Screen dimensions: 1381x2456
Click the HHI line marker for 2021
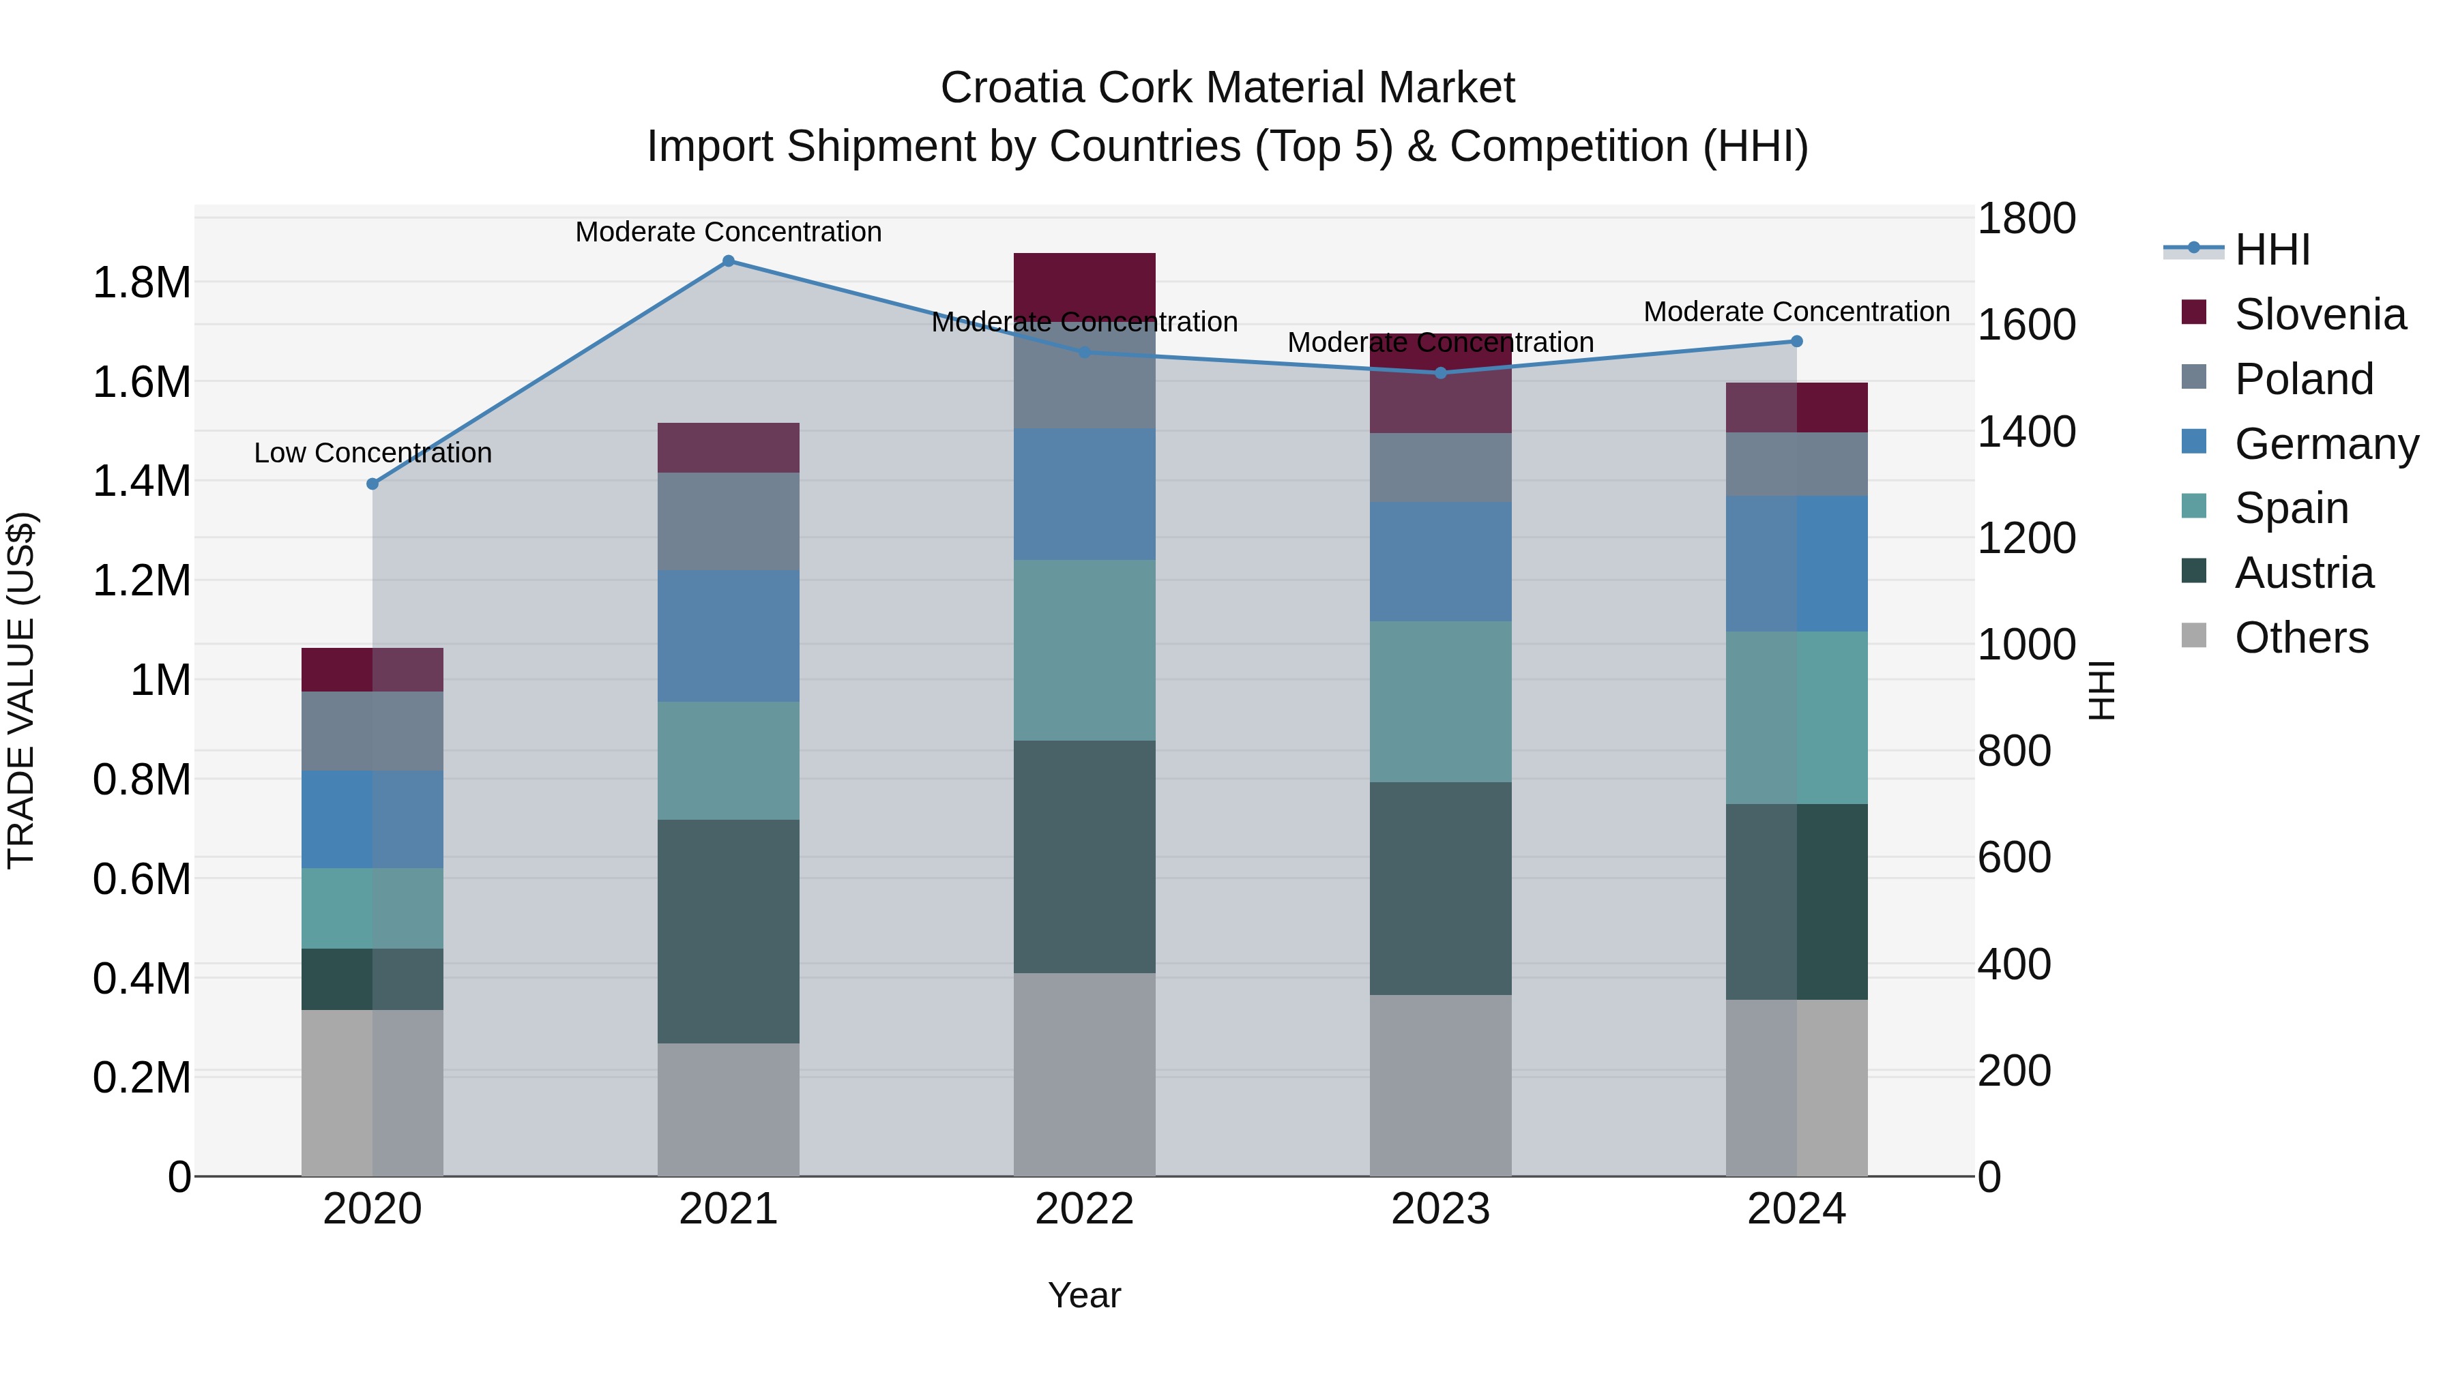pyautogui.click(x=729, y=261)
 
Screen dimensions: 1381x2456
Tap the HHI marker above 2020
pyautogui.click(x=372, y=484)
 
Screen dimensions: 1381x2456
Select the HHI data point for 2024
pyautogui.click(x=1796, y=341)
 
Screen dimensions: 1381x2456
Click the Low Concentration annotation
pyautogui.click(x=372, y=453)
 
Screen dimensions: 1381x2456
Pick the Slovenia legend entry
pyautogui.click(x=2319, y=314)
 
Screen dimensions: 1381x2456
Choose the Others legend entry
pyautogui.click(x=2300, y=638)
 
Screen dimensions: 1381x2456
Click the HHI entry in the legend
pyautogui.click(x=2271, y=250)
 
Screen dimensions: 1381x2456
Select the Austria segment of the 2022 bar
pyautogui.click(x=1084, y=856)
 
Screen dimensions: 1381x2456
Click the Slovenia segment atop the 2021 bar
pyautogui.click(x=729, y=448)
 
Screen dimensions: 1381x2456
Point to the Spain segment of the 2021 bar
pyautogui.click(x=729, y=760)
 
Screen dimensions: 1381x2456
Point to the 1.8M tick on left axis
pyautogui.click(x=141, y=283)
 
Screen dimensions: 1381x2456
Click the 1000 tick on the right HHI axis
pyautogui.click(x=2025, y=645)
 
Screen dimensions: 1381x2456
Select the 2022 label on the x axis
pyautogui.click(x=1084, y=1209)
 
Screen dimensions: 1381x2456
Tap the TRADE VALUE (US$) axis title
pyautogui.click(x=21, y=690)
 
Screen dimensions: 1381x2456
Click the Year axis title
pyautogui.click(x=1084, y=1295)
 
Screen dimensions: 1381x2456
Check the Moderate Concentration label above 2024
pyautogui.click(x=1796, y=312)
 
